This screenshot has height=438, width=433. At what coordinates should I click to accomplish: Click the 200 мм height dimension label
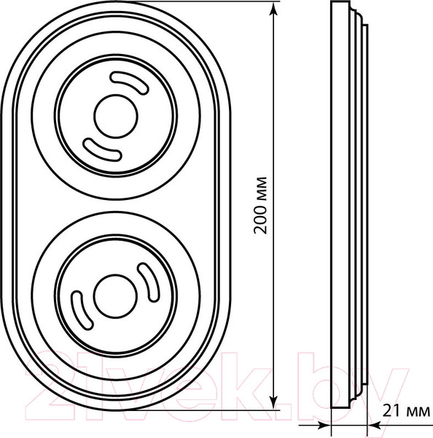tap(260, 205)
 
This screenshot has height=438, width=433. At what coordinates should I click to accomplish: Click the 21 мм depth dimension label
tap(406, 411)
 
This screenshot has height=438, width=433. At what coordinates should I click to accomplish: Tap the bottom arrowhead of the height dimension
tap(274, 402)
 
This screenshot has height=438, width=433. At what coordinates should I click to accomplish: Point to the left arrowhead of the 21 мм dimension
tap(324, 426)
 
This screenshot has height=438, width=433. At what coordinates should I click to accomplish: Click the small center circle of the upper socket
tap(116, 116)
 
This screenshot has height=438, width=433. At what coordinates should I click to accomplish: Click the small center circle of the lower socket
tap(115, 296)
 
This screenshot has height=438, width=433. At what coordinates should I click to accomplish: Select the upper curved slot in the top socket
tap(130, 83)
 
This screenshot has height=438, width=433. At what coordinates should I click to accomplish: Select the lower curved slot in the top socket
tap(102, 150)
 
